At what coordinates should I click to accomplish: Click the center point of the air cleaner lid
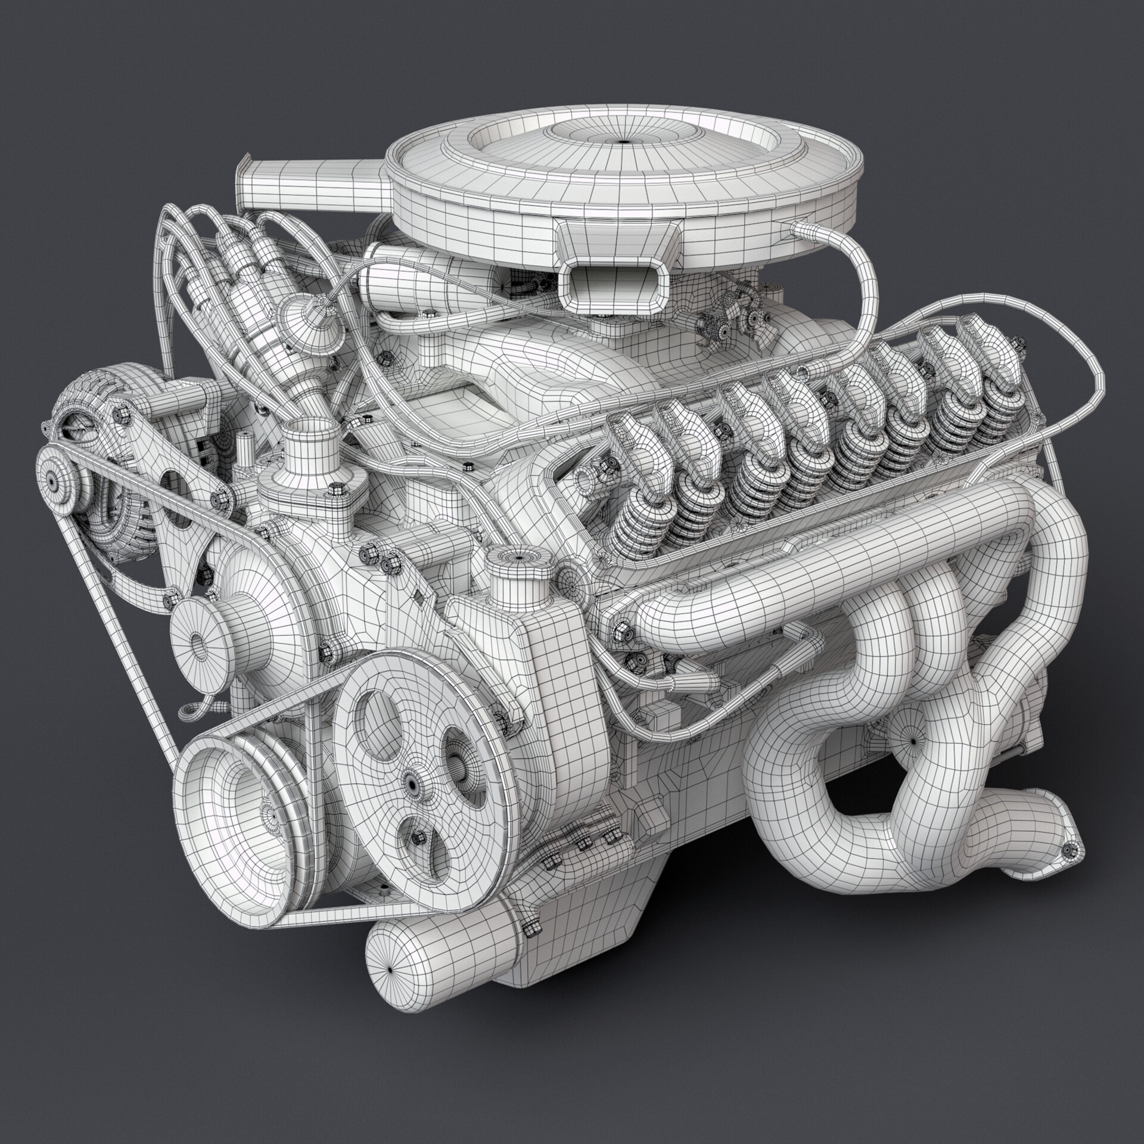(x=623, y=141)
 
